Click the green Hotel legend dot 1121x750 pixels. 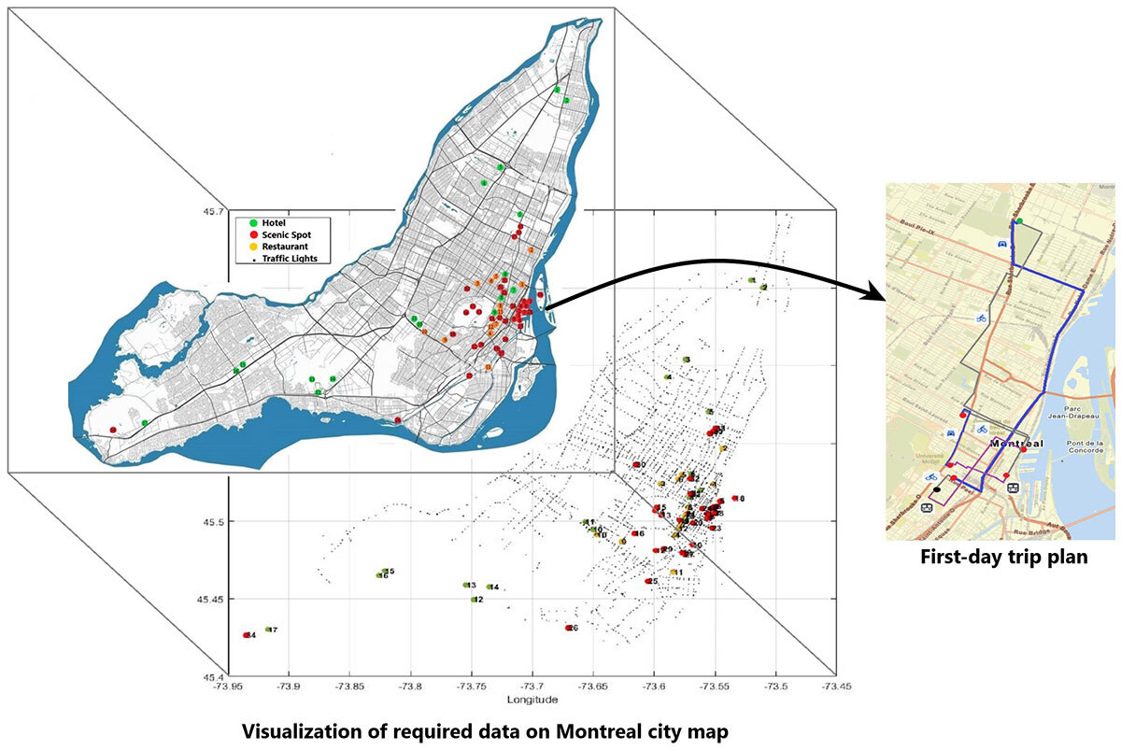pyautogui.click(x=253, y=222)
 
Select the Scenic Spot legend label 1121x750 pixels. pyautogui.click(x=288, y=234)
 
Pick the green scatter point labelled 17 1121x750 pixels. pyautogui.click(x=268, y=630)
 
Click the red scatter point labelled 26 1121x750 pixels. pyautogui.click(x=568, y=628)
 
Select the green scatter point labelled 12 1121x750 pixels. pyautogui.click(x=474, y=600)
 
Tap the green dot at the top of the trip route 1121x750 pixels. pyautogui.click(x=1019, y=221)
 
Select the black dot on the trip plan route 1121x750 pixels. pyautogui.click(x=937, y=489)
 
